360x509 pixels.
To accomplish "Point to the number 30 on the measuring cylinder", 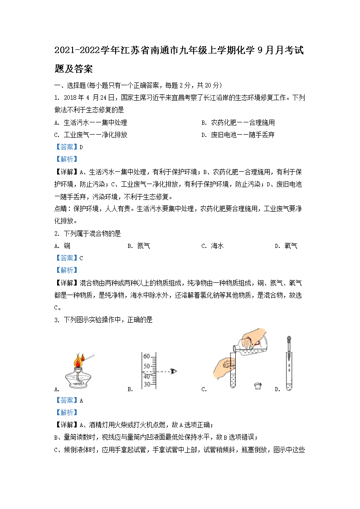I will tap(146, 384).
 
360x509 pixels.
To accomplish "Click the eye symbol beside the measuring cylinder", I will tap(173, 371).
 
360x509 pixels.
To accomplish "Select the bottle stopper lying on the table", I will tap(258, 386).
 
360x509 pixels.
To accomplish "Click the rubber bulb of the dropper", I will tap(289, 339).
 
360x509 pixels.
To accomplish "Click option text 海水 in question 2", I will tap(218, 246).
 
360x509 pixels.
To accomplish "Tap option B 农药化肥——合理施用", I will tap(243, 122).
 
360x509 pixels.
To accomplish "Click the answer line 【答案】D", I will tap(68, 147).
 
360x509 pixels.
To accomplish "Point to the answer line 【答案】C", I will tap(68, 258).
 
